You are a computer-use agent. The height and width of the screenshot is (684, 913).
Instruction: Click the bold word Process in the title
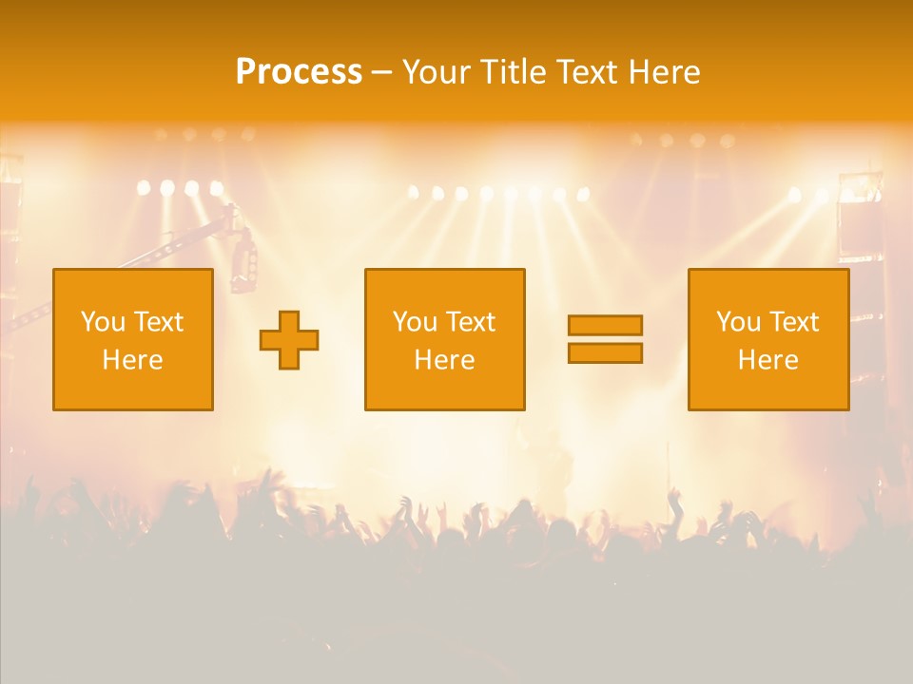click(x=299, y=72)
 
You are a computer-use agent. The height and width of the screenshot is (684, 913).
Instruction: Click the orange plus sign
click(x=289, y=339)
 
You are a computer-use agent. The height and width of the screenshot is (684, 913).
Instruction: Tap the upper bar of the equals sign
click(x=605, y=325)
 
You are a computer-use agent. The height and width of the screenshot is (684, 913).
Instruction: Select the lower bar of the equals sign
click(x=605, y=352)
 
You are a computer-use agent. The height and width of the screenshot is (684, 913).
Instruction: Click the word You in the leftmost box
click(x=102, y=322)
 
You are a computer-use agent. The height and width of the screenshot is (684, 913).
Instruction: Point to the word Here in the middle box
click(x=444, y=360)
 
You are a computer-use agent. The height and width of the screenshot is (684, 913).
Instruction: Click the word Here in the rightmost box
click(x=767, y=360)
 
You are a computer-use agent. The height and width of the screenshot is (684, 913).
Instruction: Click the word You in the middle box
click(x=414, y=322)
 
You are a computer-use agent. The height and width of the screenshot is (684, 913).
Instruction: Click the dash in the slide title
click(x=381, y=72)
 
